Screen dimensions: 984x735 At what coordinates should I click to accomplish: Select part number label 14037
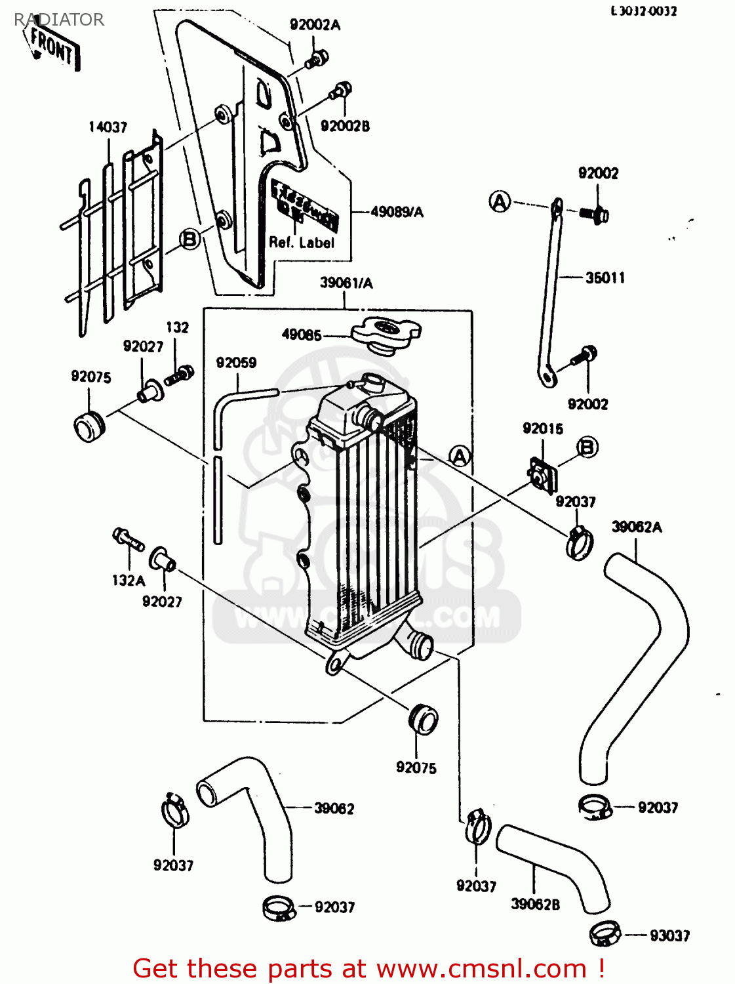click(x=108, y=127)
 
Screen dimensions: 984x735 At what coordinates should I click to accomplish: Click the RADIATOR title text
click(x=59, y=20)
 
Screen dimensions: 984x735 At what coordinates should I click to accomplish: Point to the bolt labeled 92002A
click(x=316, y=60)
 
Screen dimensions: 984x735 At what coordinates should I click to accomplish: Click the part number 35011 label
click(x=605, y=278)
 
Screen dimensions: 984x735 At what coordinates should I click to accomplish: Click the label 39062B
click(x=535, y=905)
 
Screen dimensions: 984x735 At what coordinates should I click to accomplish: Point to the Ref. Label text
click(x=302, y=243)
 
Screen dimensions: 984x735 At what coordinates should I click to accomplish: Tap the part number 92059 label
click(x=236, y=363)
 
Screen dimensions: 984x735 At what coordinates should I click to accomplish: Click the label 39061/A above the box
click(x=346, y=283)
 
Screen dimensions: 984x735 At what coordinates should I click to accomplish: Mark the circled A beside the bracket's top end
click(x=500, y=201)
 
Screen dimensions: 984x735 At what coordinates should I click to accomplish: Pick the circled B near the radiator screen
click(x=189, y=239)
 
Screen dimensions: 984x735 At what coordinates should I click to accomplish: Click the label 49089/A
click(x=397, y=212)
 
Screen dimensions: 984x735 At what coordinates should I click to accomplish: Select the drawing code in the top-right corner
click(x=643, y=11)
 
